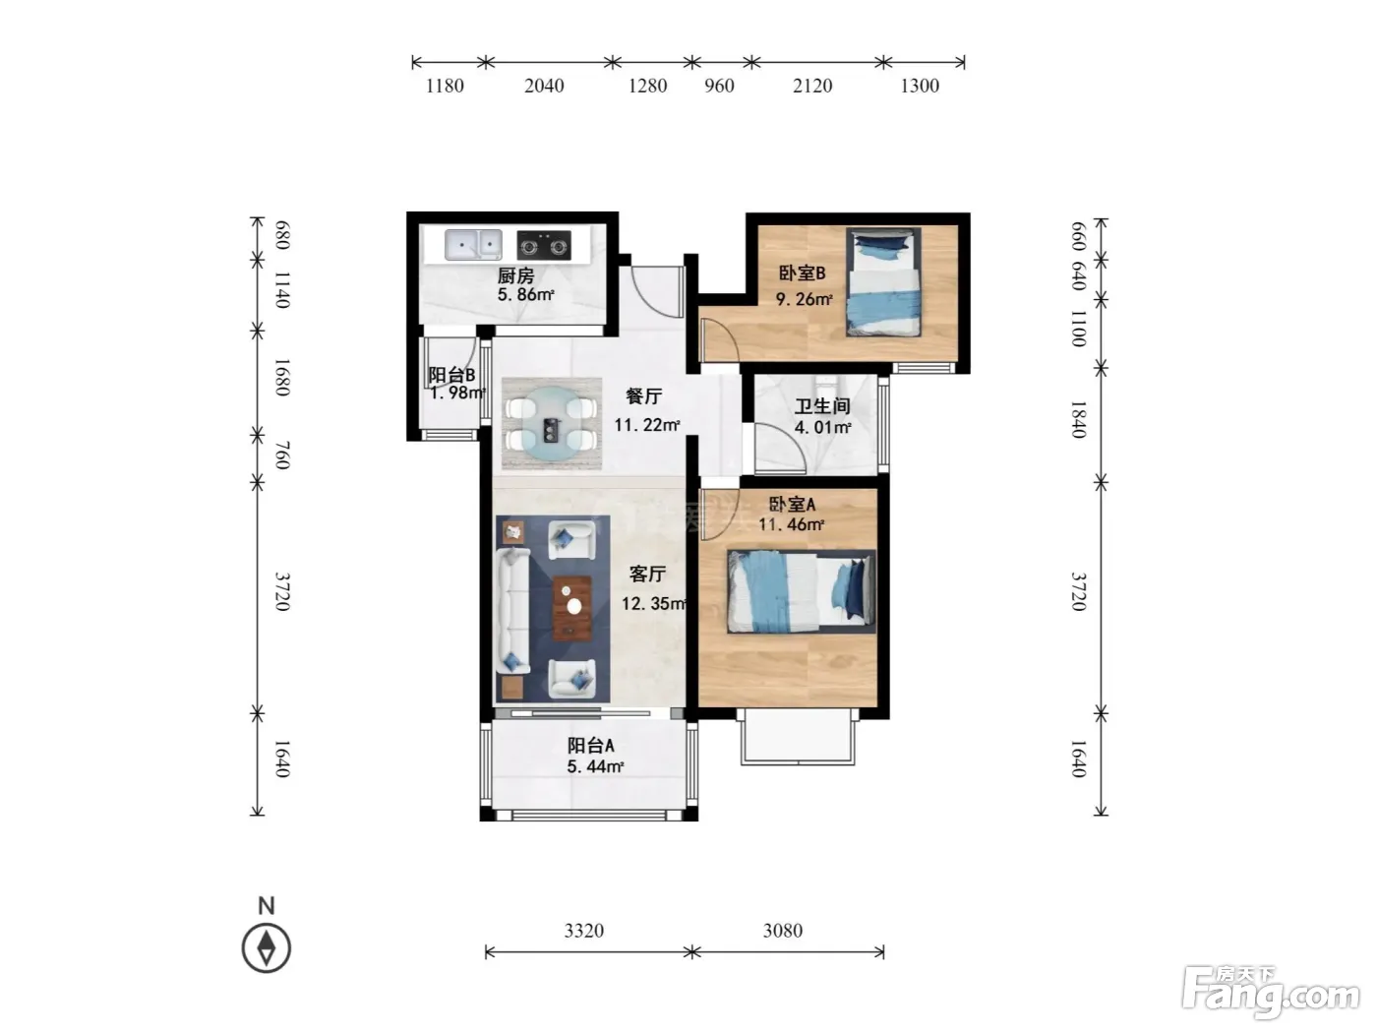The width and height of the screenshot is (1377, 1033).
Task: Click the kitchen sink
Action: click(473, 245)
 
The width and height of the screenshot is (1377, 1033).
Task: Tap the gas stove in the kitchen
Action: click(544, 245)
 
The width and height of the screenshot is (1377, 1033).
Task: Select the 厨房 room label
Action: click(515, 275)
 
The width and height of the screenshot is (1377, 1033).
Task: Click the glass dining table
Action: click(550, 423)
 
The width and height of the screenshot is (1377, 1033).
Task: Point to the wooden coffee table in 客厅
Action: click(571, 608)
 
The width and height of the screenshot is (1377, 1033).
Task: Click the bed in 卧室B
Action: click(883, 282)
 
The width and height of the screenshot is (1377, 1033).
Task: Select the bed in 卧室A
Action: click(801, 591)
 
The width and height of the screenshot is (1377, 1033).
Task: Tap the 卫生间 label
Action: click(822, 406)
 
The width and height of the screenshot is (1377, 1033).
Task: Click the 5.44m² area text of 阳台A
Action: click(595, 766)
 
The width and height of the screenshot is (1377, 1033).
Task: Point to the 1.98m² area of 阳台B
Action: click(458, 394)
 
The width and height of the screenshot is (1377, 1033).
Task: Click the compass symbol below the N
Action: click(267, 948)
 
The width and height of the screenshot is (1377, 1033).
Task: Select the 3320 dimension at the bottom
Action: click(584, 931)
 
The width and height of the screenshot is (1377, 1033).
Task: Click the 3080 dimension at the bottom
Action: click(783, 931)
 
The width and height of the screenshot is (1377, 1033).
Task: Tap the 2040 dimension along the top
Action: click(544, 86)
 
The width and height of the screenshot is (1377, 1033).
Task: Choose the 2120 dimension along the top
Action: click(812, 86)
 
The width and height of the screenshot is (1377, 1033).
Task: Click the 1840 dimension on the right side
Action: click(1078, 420)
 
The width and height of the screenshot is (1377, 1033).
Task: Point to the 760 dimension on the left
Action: click(282, 456)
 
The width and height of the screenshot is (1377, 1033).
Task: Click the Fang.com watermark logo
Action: click(1271, 994)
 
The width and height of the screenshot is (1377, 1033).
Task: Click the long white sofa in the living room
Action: click(513, 611)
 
